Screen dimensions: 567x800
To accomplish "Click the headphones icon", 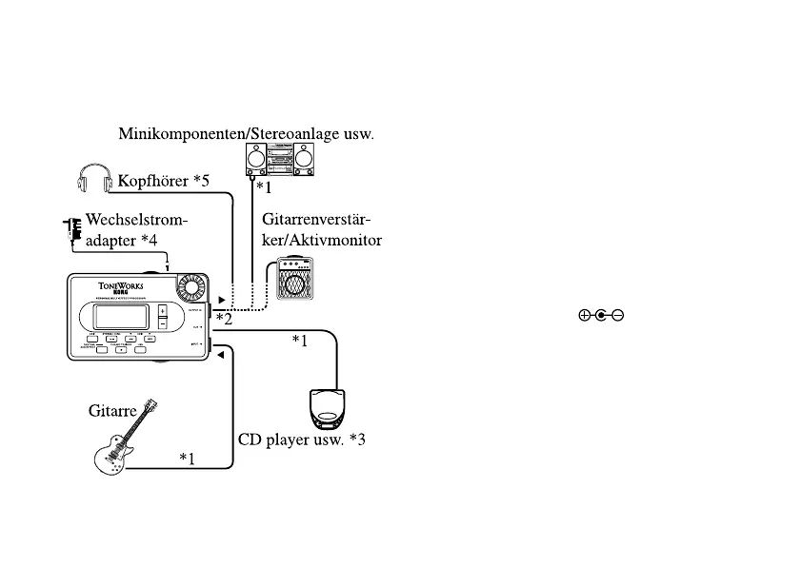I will tap(93, 178).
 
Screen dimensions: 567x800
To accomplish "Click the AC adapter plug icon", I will tap(70, 231).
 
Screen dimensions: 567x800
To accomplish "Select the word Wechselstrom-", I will tap(137, 221).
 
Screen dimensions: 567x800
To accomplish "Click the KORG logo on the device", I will tap(118, 293).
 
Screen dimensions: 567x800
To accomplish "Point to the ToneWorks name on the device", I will tap(119, 283).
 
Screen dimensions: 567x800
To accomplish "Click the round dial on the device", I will tap(193, 287).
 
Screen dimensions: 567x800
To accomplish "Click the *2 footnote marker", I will tap(224, 319).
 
